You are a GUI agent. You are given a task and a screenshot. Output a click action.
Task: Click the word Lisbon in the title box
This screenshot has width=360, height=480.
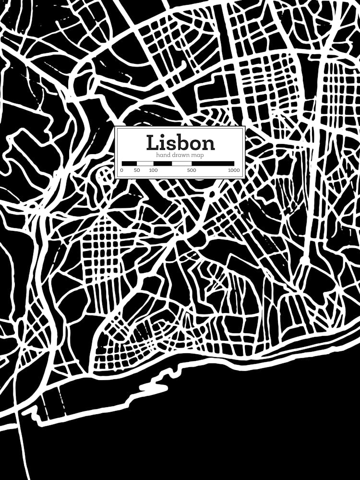click(x=180, y=143)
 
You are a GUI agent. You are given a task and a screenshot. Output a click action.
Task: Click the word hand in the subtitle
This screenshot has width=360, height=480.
click(x=163, y=155)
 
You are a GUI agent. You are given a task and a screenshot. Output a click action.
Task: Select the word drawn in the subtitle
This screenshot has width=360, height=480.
click(x=180, y=155)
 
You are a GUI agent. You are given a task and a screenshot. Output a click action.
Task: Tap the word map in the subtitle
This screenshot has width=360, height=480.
click(x=197, y=155)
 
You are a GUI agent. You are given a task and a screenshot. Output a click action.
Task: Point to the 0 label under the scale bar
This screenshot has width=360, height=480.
click(x=122, y=170)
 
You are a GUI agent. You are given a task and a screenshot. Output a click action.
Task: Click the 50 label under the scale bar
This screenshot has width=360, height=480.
click(x=137, y=170)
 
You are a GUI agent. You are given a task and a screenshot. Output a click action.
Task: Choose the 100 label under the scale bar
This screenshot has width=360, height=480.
click(x=153, y=170)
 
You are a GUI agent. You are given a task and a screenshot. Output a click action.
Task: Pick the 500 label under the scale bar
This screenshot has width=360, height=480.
click(x=192, y=170)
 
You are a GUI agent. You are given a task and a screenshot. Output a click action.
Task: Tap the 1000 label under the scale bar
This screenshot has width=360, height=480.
click(x=234, y=170)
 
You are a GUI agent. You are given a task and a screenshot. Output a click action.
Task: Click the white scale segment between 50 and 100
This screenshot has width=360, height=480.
click(x=145, y=163)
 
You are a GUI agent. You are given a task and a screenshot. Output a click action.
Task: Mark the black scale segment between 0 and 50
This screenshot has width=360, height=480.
click(x=129, y=163)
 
